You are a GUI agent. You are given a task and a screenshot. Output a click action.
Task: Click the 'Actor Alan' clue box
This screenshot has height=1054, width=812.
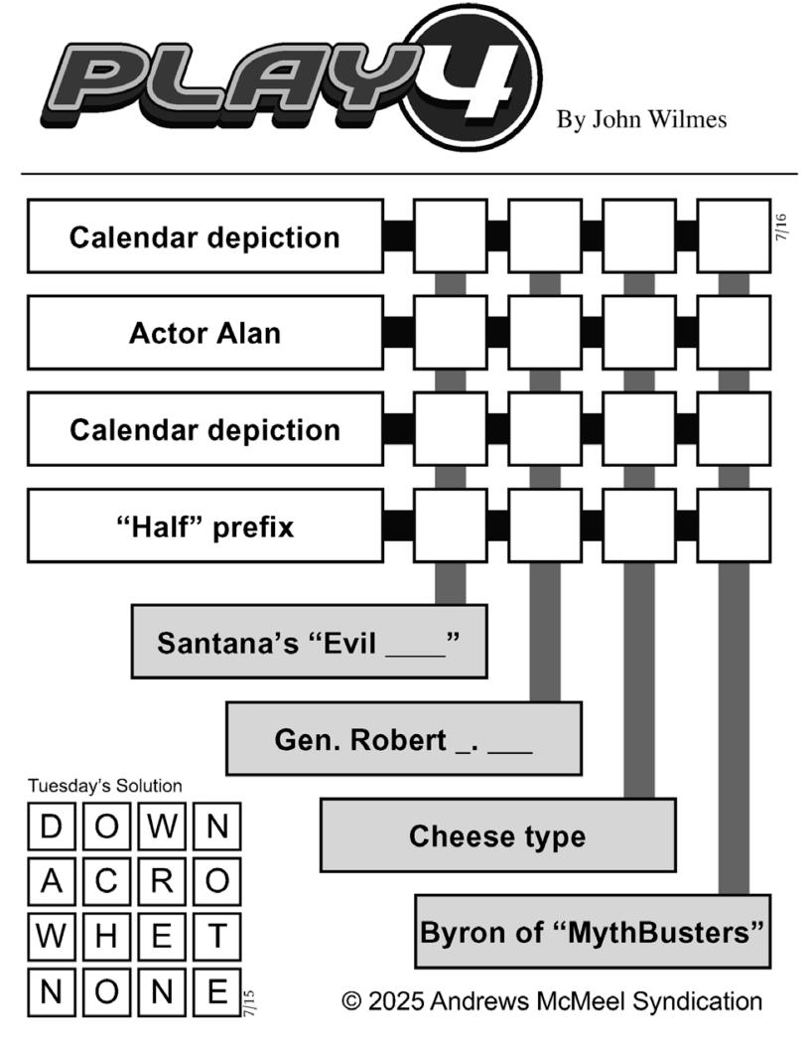204,333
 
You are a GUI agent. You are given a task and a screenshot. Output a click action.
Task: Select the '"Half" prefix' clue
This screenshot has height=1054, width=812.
204,526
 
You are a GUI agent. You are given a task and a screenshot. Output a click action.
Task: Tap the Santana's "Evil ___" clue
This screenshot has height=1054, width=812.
309,642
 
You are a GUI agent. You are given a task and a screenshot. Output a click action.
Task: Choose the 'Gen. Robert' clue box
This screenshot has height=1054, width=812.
404,739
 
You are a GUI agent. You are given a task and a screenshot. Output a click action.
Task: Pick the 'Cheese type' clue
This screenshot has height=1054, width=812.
497,835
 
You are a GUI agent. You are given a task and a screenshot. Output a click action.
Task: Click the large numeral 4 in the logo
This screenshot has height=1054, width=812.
473,77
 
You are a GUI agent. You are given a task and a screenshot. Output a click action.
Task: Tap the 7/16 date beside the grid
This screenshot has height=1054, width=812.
780,227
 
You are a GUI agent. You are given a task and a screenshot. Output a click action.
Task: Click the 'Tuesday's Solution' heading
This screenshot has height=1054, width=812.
105,786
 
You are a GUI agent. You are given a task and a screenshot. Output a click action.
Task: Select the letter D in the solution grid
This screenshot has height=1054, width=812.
51,826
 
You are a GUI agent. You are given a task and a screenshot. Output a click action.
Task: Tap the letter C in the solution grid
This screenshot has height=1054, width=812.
106,880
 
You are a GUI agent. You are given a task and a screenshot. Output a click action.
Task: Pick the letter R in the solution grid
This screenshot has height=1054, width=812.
162,880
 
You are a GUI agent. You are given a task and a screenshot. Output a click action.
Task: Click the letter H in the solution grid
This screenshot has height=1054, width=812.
106,936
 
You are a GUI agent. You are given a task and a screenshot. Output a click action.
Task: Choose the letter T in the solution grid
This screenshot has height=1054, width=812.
217,936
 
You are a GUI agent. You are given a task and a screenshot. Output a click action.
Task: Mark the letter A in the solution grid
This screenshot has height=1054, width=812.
51,880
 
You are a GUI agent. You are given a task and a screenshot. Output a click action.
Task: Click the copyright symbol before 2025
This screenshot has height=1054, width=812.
351,1001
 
